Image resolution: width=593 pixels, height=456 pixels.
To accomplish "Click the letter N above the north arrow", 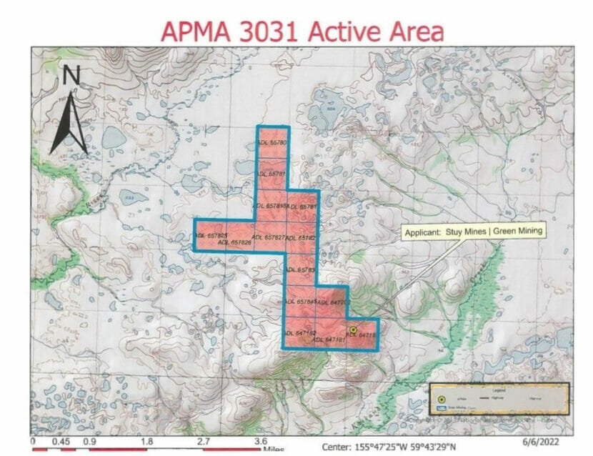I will (71, 75).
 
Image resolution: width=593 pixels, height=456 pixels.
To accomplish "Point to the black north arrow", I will (71, 122).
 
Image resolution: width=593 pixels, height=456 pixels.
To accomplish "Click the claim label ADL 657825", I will (212, 235).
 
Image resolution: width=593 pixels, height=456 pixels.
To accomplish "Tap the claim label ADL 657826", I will (235, 243).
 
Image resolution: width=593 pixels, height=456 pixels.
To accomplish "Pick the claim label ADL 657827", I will (269, 237).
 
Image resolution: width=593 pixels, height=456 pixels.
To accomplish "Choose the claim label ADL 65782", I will (301, 237).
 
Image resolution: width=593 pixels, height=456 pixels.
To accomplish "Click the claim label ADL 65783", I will (300, 269).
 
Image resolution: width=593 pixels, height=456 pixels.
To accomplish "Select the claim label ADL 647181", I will (330, 339).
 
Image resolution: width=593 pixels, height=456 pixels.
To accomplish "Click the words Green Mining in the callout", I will (517, 232).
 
